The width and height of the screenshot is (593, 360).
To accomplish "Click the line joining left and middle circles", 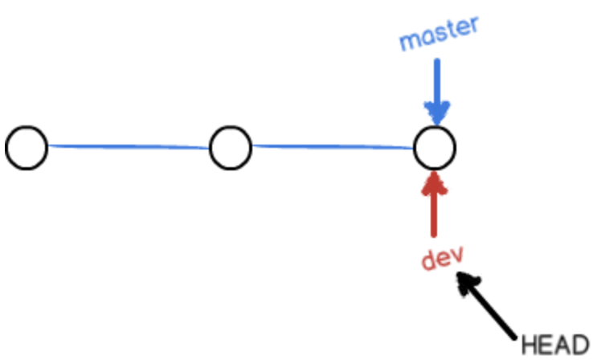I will click(129, 147).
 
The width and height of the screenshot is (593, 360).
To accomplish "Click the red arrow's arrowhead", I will click(435, 181).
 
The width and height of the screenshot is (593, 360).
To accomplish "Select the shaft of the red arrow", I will click(435, 213).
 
